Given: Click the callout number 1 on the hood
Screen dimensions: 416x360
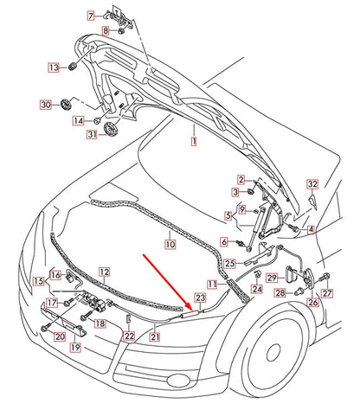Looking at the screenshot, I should [194, 139].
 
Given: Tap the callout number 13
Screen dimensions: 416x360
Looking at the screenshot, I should [53, 67].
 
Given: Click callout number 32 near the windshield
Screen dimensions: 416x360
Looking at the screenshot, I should [312, 184].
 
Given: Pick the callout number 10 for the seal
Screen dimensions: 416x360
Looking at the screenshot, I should [170, 246].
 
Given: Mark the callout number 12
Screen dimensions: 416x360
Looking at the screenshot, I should [104, 272].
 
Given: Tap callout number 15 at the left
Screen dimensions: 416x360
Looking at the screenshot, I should [38, 281].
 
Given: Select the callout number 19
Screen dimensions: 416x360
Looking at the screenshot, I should [75, 347].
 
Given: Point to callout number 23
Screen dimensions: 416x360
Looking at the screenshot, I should [199, 297].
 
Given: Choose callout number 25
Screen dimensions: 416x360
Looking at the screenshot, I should [230, 263].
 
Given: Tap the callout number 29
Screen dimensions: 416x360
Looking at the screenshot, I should [271, 277].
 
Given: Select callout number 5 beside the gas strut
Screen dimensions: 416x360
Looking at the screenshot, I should [228, 215].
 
